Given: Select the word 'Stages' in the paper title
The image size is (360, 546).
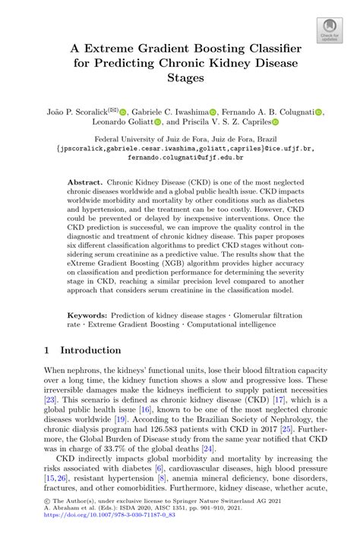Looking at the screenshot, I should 179,77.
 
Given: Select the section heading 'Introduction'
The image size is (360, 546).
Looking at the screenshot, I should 90,351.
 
